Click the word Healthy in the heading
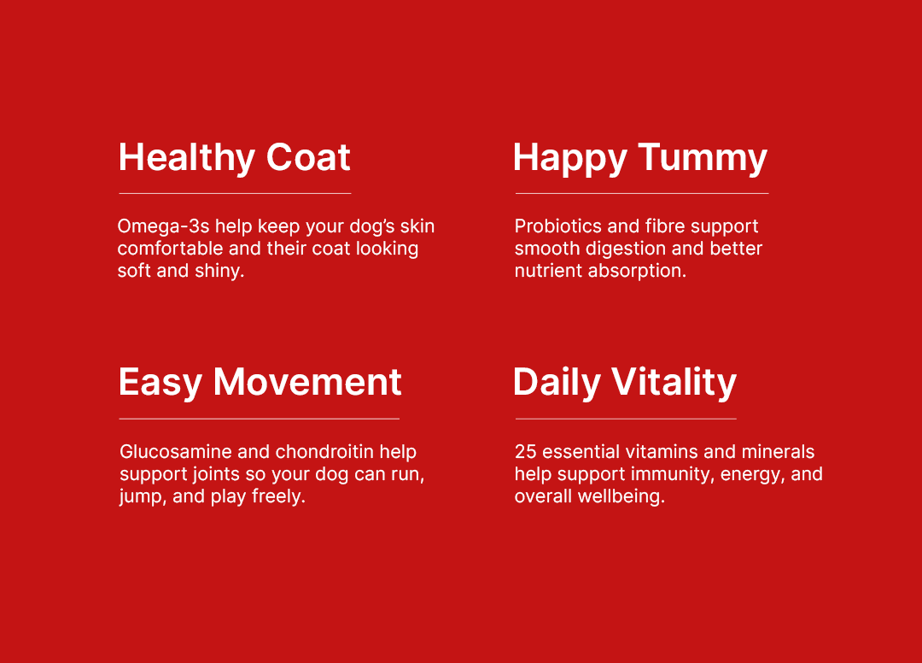(186, 158)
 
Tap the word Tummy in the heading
(703, 158)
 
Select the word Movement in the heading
(307, 382)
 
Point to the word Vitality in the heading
(674, 382)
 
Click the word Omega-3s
(163, 226)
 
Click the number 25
(526, 451)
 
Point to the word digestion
(625, 249)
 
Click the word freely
(278, 496)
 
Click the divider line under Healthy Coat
(236, 193)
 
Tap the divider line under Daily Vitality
(627, 419)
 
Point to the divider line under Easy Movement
(260, 419)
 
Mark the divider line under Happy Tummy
(642, 193)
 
